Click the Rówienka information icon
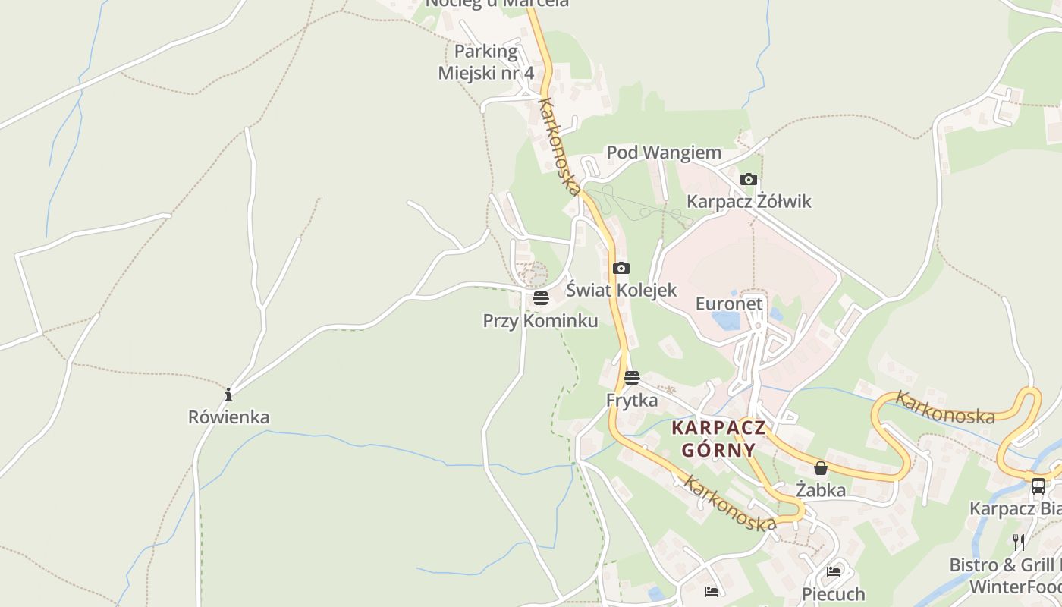click(228, 395)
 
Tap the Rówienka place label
click(228, 417)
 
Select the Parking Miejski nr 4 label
click(485, 62)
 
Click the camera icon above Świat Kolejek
click(621, 269)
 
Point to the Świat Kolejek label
click(621, 290)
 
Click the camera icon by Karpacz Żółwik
click(749, 180)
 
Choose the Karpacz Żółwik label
click(749, 201)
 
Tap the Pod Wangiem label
click(664, 153)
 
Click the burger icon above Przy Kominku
click(541, 298)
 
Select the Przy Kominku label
click(540, 321)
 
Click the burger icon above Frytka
click(632, 378)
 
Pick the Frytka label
click(632, 400)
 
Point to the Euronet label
click(729, 303)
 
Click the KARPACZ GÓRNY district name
click(718, 439)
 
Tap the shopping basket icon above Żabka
click(821, 468)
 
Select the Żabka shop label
click(821, 490)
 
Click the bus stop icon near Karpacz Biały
click(1038, 486)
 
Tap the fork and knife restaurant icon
click(1019, 543)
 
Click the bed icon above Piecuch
click(834, 571)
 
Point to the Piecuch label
click(834, 593)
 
